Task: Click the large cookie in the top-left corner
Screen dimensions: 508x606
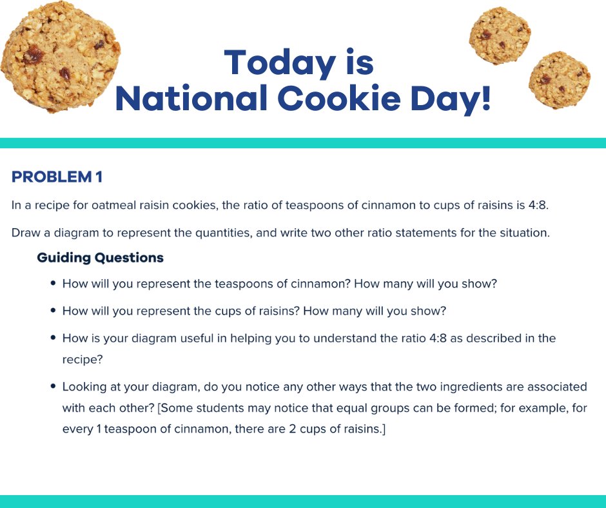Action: (59, 56)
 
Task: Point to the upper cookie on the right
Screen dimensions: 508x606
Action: (499, 35)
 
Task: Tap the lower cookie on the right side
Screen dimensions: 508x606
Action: (559, 80)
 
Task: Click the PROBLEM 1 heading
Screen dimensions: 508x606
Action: (57, 177)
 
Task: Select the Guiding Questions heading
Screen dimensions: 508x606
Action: (100, 258)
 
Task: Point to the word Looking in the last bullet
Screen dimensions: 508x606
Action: (84, 387)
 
